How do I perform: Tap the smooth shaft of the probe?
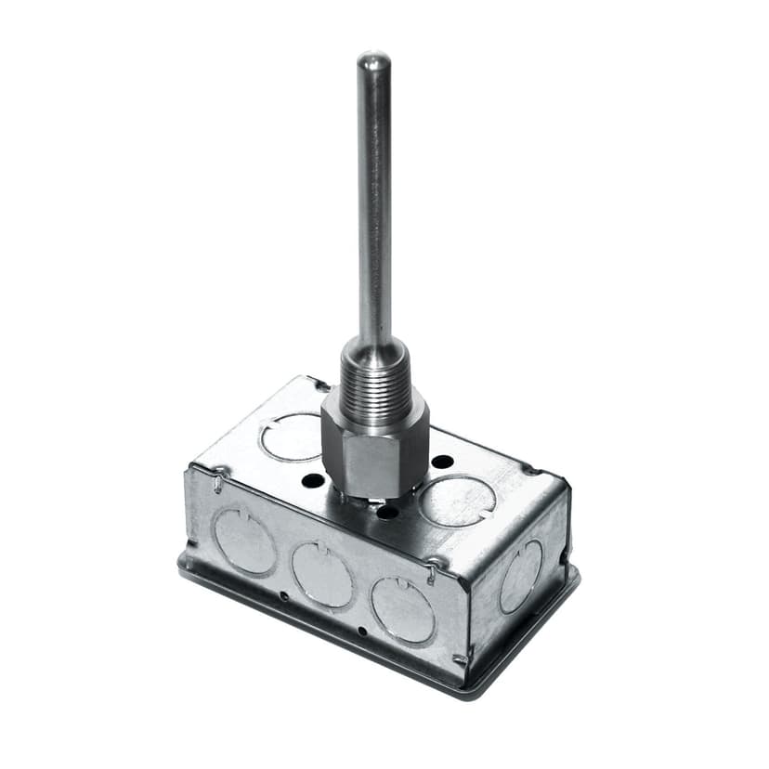[x=374, y=204]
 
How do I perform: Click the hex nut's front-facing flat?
[x=376, y=461]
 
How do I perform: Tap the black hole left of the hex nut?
[x=314, y=480]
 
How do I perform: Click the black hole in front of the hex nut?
[x=388, y=511]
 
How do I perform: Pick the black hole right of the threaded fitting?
[x=443, y=462]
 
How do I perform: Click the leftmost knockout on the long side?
[x=245, y=541]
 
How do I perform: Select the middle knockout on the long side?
[x=322, y=574]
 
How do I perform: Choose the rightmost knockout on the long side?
[x=403, y=608]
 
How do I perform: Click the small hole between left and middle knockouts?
[x=282, y=595]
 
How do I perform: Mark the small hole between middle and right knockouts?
[x=361, y=630]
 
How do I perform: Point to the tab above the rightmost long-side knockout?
[x=433, y=575]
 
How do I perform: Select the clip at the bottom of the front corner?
[x=459, y=660]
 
